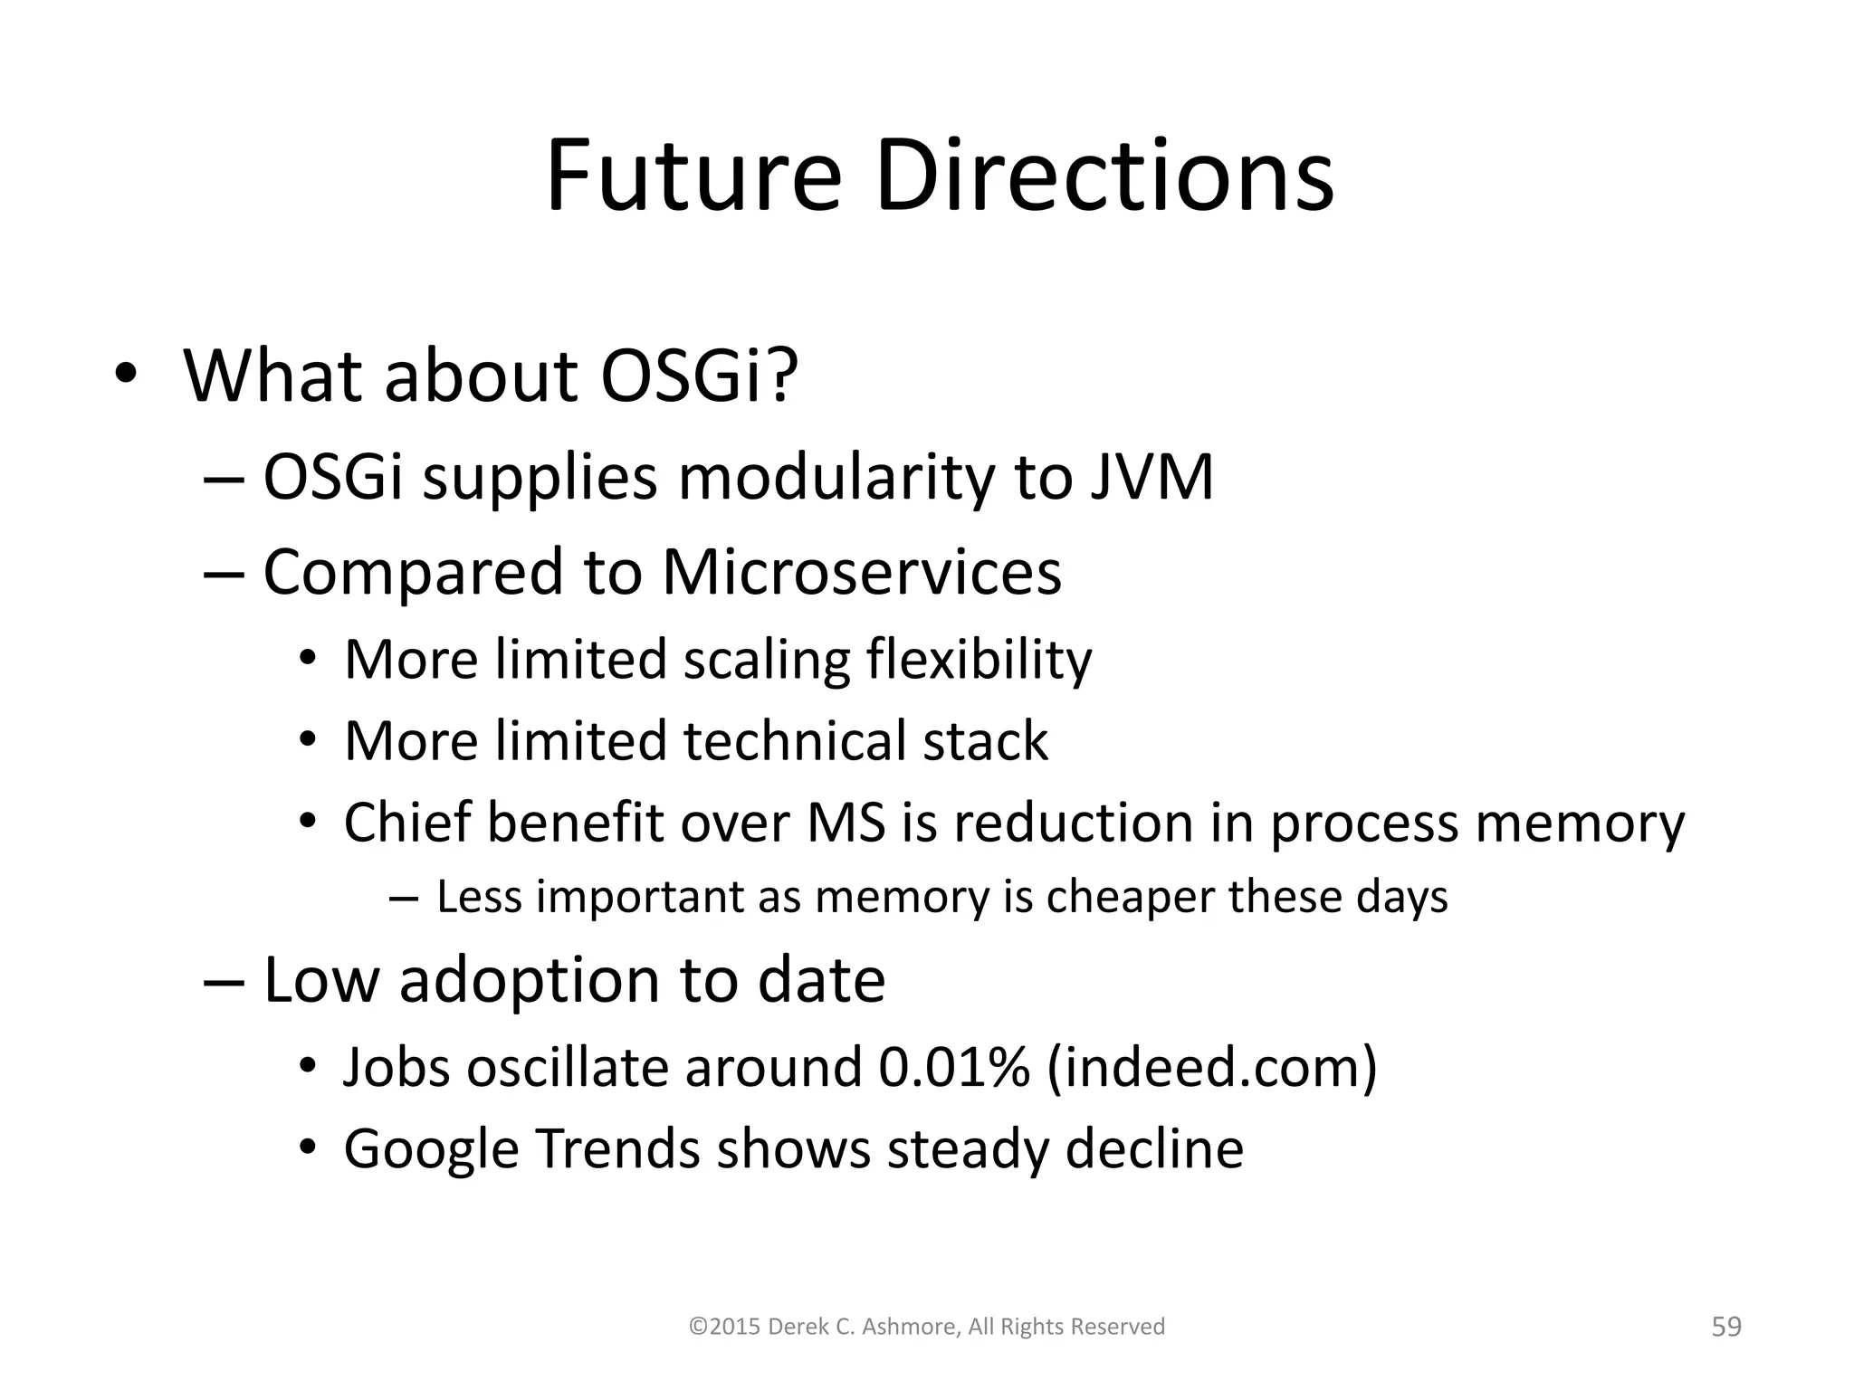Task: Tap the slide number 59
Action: click(x=1726, y=1327)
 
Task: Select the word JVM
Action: click(x=1151, y=478)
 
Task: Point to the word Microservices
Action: click(x=861, y=573)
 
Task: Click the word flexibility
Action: click(x=979, y=660)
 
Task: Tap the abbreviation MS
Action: click(x=846, y=824)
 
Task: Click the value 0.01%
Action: click(x=954, y=1067)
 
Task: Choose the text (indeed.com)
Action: click(x=1212, y=1067)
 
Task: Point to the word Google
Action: click(x=431, y=1150)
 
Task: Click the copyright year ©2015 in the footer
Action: click(x=723, y=1327)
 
